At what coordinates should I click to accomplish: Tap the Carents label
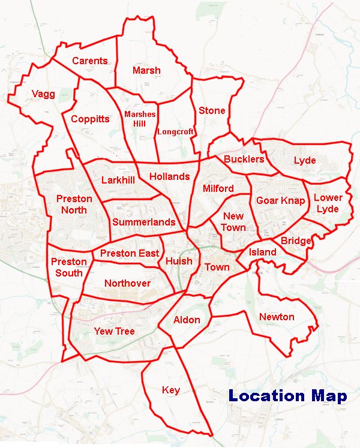pos(89,61)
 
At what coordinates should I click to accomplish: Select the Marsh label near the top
pos(146,70)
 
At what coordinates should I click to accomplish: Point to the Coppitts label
pos(90,119)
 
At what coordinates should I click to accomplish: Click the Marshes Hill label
pos(140,119)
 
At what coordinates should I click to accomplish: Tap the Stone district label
pos(212,110)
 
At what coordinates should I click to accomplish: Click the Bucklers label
pos(244,159)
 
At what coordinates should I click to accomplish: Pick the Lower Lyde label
pos(328,203)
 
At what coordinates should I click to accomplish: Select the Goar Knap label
pos(280,200)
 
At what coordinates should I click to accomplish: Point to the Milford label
pos(218,188)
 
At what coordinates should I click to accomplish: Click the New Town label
pos(233,222)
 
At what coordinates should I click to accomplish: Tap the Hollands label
pos(169,176)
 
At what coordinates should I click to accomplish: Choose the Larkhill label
pos(118,180)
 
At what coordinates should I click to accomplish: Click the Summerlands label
pos(143,222)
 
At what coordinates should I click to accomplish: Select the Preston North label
pos(74,205)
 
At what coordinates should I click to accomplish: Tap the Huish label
pos(179,261)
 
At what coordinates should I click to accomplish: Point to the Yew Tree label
pos(114,331)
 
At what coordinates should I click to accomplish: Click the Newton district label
pos(277,317)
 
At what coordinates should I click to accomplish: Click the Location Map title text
pos(287,396)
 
